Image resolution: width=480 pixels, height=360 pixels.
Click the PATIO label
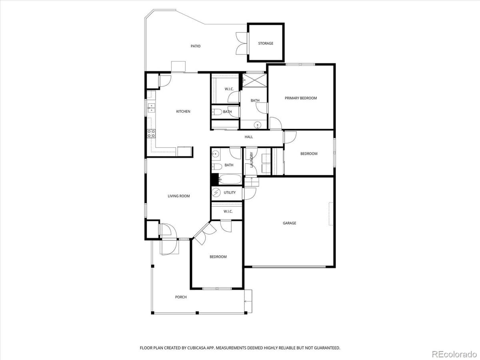[x=196, y=46]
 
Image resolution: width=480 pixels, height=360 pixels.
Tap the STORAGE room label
[x=266, y=43]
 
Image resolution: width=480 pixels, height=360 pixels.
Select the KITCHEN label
[x=183, y=112]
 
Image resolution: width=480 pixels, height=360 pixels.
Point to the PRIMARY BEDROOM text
[x=301, y=98]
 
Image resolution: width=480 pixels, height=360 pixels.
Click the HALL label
[x=249, y=137]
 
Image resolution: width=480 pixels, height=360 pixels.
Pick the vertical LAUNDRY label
[x=252, y=160]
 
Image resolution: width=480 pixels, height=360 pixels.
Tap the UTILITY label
[x=230, y=193]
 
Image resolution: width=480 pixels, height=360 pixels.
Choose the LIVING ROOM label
[x=179, y=196]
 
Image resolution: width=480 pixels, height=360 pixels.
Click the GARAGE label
[x=290, y=223]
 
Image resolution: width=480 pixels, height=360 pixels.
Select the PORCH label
[x=181, y=297]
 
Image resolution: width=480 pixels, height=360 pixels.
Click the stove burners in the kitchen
[x=151, y=134]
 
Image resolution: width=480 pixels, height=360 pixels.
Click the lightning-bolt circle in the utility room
[x=216, y=193]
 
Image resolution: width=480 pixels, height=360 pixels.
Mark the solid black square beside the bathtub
[x=214, y=179]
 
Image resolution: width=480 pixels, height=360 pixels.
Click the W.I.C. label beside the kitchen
[x=229, y=89]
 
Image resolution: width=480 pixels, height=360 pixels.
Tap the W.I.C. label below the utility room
[x=228, y=211]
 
